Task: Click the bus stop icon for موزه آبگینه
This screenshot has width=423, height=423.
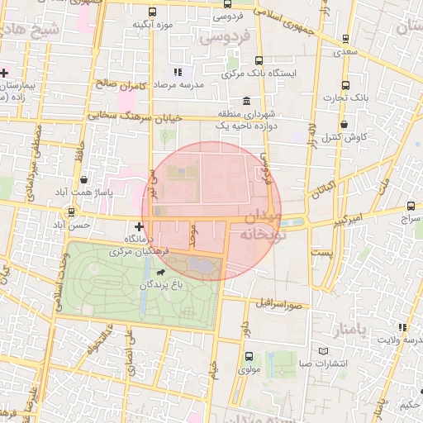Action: [152, 12]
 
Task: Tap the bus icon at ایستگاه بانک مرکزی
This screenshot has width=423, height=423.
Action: [259, 60]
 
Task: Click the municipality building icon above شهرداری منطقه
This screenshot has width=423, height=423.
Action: [247, 100]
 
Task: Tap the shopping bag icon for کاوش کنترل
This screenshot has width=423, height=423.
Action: [345, 125]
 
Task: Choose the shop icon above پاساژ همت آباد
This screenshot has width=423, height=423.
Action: [84, 179]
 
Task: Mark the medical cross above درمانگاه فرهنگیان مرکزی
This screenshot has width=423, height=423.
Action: [138, 225]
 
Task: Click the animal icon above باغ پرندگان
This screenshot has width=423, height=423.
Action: [159, 271]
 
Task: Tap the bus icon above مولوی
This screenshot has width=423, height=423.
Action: [250, 356]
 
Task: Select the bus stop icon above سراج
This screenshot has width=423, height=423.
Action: [411, 206]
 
